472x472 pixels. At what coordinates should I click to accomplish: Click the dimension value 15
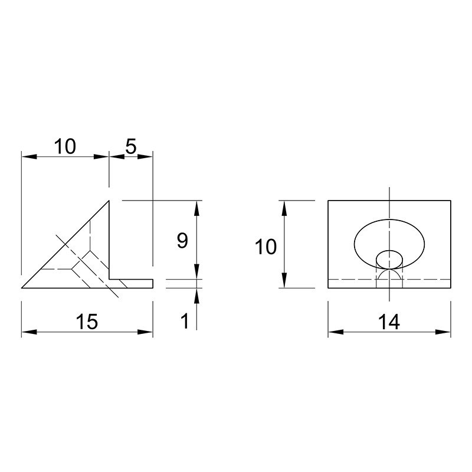87,321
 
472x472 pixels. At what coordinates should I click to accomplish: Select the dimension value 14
389,322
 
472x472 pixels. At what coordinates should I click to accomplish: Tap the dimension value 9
182,241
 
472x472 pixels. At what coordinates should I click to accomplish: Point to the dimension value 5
131,146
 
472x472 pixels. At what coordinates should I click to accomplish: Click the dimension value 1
185,321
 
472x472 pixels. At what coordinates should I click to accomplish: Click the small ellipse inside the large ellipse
389,260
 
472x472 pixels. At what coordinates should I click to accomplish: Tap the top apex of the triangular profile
109,201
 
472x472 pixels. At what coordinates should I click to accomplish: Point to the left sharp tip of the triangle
22,288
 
